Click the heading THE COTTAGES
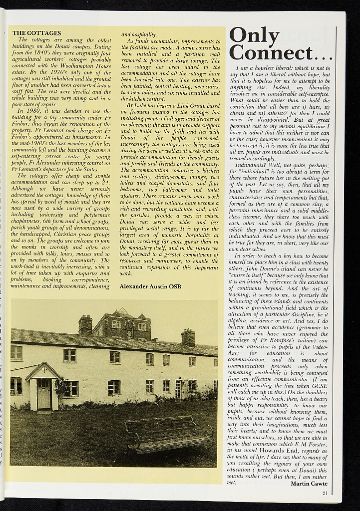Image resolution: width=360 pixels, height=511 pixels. pos(36,33)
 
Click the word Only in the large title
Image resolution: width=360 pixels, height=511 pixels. pos(254,36)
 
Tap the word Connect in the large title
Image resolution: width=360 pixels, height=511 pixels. pos(271,52)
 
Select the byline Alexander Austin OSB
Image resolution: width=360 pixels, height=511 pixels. pos(150,286)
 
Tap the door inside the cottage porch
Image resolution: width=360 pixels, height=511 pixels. pos(44,394)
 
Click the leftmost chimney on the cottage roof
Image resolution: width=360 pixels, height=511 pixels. pos(85,326)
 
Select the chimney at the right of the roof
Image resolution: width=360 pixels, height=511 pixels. pos(188,337)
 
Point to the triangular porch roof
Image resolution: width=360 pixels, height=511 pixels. pos(42,371)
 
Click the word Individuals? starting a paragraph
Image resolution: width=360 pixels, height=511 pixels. pos(252,164)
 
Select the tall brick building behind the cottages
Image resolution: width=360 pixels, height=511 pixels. pos(121,325)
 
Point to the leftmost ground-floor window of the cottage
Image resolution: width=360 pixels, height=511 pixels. pos(16,386)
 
